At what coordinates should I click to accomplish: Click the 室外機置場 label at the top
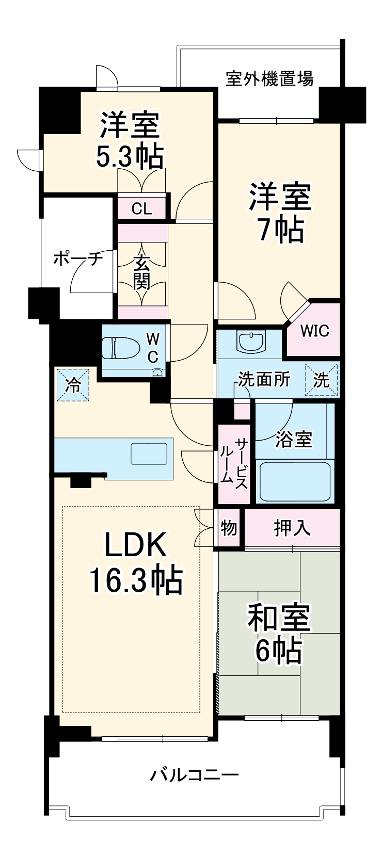tap(269, 79)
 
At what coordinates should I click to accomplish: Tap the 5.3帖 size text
tap(130, 156)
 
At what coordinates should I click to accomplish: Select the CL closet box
tap(141, 208)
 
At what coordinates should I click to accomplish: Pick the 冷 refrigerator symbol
tap(73, 384)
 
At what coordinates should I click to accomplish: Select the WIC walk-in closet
tap(314, 330)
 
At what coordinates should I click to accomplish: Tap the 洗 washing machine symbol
tap(322, 380)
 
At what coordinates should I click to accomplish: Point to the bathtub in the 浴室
tap(295, 481)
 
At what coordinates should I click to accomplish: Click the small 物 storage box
tap(229, 528)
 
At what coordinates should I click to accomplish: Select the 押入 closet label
tap(292, 527)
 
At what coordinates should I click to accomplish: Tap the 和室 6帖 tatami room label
tap(279, 635)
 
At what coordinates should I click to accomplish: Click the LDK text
tap(136, 544)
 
